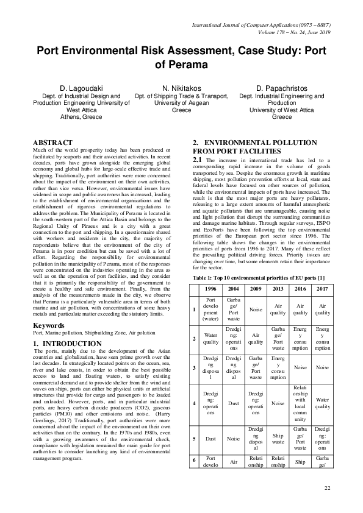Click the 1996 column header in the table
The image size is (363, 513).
point(210,288)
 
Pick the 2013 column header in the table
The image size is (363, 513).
point(278,288)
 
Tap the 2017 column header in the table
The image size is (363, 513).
point(322,288)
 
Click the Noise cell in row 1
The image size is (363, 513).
point(255,309)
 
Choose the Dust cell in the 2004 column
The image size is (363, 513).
point(233,403)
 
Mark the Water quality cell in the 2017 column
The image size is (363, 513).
point(322,403)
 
